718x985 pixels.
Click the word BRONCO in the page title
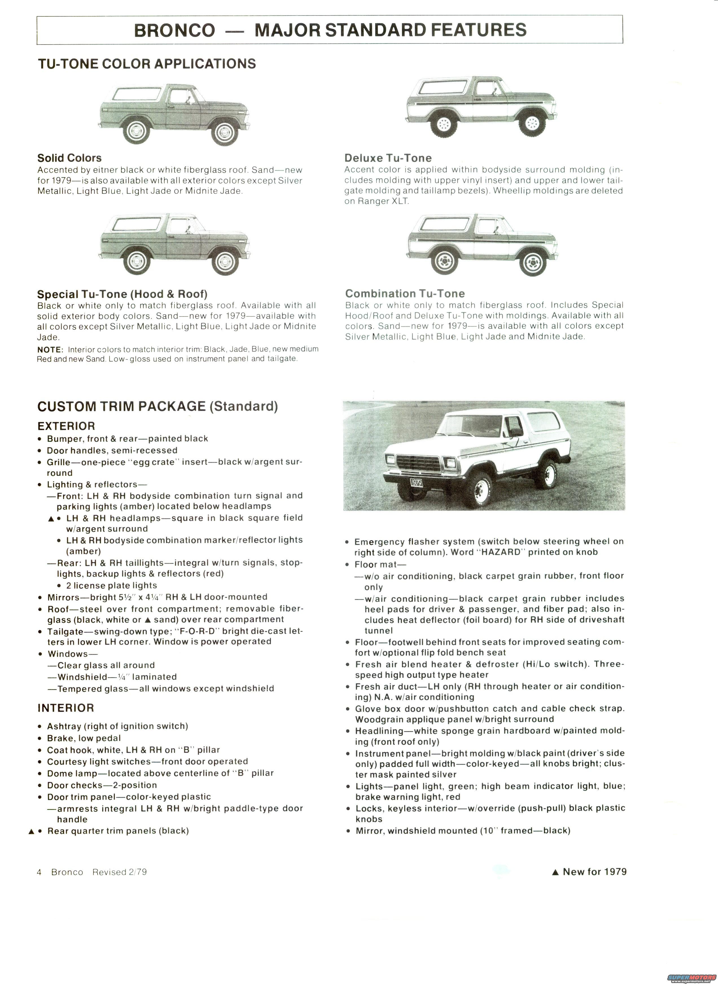pos(174,30)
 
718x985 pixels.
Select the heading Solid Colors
pos(69,158)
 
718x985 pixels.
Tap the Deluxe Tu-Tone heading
pos(388,158)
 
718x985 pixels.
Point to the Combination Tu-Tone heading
pos(405,294)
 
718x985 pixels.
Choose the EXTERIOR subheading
pos(66,426)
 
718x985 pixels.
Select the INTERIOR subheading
pos(66,708)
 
